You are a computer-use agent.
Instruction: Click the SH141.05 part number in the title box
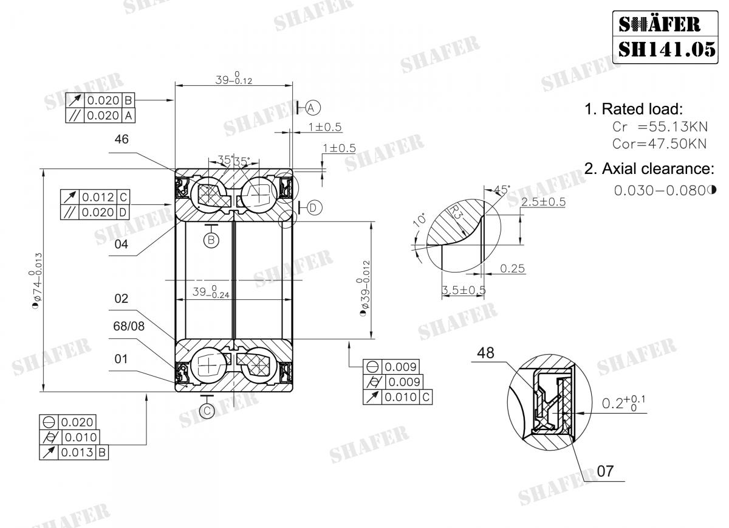click(667, 47)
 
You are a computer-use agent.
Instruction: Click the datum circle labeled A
click(312, 108)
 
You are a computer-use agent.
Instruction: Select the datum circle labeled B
click(211, 240)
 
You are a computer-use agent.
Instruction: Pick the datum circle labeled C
click(208, 411)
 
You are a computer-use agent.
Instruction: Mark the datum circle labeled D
click(313, 208)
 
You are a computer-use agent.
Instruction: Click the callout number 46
click(122, 139)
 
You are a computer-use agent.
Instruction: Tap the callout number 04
click(122, 245)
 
